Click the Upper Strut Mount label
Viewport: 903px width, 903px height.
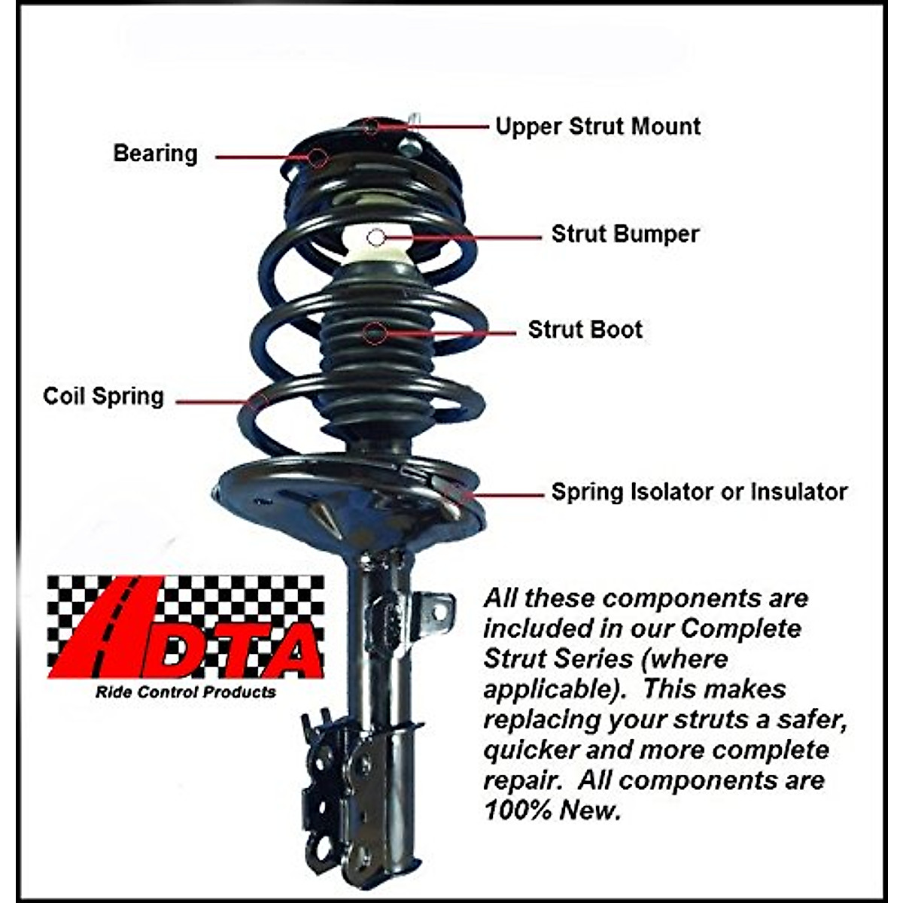pos(597,126)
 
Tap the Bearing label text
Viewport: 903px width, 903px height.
pos(155,154)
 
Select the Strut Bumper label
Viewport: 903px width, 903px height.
pos(625,234)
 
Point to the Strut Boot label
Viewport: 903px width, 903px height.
pos(585,330)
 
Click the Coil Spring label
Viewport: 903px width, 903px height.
pos(103,397)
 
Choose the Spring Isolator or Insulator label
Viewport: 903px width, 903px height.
pos(699,492)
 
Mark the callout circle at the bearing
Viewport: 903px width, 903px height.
pos(319,157)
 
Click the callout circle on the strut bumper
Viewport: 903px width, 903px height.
pos(376,238)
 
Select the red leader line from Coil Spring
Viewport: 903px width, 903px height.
pos(214,401)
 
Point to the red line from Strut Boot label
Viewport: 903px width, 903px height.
pos(451,332)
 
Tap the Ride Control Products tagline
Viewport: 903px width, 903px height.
pos(185,692)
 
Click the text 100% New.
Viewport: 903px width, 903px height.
pos(552,810)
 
